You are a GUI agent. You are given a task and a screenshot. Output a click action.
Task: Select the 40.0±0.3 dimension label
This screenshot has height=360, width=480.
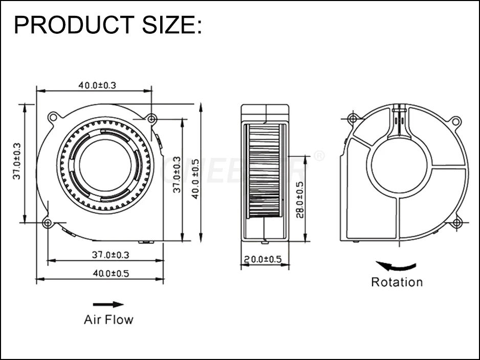[97, 85]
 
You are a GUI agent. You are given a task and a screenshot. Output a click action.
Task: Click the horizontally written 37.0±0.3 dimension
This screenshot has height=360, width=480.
[111, 254]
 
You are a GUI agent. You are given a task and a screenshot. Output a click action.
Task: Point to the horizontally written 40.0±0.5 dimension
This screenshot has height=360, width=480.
[111, 273]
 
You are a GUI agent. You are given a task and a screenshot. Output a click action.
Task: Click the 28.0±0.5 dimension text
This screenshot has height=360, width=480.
[300, 199]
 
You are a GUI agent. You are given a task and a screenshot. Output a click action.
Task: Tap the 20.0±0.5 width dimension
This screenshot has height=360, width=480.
[263, 259]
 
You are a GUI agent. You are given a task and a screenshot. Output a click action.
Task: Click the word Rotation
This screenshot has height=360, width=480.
[397, 282]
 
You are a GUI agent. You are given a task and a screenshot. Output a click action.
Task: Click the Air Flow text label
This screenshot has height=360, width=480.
[108, 320]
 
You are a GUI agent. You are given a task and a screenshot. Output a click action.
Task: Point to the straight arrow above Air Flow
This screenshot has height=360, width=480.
[108, 304]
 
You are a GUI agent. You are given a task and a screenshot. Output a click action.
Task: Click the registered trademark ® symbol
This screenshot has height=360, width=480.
[318, 155]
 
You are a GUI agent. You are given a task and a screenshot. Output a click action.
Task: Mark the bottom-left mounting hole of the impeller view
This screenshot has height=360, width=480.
[47, 223]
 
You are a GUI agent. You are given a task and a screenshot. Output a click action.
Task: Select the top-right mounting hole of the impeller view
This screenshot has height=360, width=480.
[151, 119]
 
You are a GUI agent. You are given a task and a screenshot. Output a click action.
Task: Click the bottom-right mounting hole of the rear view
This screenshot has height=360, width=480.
[457, 222]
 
